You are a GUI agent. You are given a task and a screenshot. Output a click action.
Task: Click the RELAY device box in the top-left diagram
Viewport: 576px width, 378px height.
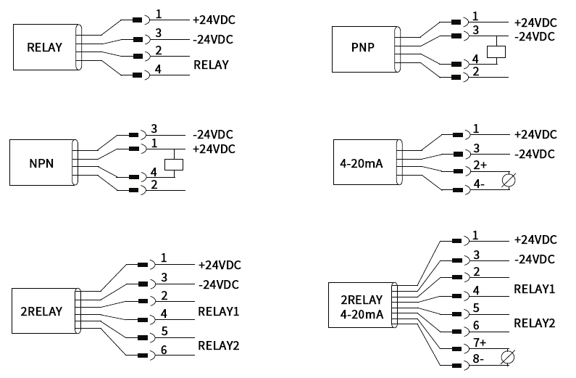[44, 48]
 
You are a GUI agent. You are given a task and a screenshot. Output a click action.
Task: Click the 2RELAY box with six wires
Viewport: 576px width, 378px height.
[41, 311]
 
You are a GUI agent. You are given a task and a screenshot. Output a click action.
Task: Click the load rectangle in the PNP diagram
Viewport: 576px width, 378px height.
[497, 52]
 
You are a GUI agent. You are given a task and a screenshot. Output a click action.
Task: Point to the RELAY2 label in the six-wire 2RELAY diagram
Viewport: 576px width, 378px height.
[218, 345]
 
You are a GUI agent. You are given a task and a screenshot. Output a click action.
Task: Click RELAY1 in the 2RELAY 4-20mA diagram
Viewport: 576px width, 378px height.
[534, 289]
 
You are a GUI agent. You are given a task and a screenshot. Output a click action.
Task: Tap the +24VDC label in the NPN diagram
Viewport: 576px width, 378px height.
[214, 149]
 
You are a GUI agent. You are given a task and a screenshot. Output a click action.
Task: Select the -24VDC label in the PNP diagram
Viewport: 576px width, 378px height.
[535, 36]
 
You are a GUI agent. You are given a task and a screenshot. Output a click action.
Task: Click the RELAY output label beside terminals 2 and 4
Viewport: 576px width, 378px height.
[211, 65]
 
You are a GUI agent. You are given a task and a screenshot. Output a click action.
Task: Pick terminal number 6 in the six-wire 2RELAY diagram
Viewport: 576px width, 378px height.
[164, 348]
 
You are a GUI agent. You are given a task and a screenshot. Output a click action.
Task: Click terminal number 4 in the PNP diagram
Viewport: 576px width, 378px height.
[475, 58]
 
